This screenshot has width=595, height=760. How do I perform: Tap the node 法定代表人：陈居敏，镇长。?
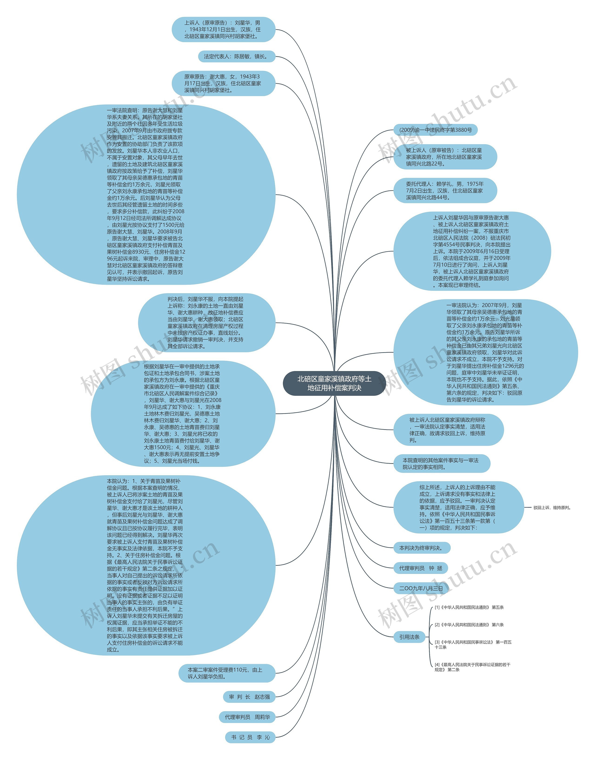[236, 57]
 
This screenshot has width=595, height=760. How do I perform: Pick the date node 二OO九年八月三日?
[421, 588]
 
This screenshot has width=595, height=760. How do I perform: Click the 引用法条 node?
[409, 637]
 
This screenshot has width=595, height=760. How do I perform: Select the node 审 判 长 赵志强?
[249, 697]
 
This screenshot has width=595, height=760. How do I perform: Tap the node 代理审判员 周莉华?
[247, 717]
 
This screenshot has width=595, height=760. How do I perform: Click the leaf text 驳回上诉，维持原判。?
[552, 508]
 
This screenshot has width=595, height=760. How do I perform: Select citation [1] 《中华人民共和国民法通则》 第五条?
[469, 607]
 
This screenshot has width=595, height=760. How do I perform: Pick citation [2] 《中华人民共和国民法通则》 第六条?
[469, 625]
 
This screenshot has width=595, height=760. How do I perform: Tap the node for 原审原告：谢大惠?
[223, 83]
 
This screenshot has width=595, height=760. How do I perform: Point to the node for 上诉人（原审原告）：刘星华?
[223, 29]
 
